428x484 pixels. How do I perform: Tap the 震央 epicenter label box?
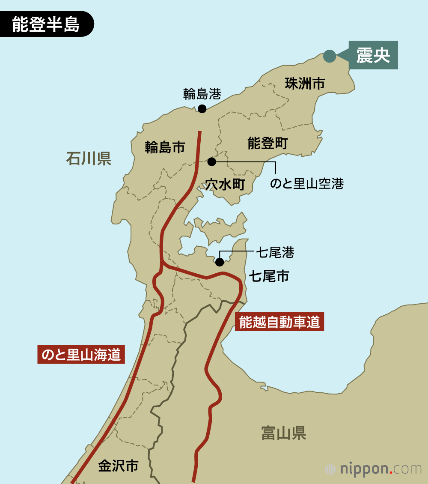click(x=373, y=55)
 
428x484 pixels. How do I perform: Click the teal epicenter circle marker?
click(x=329, y=56)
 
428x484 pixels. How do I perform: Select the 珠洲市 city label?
click(x=305, y=84)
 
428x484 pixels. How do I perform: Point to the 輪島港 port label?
click(x=202, y=93)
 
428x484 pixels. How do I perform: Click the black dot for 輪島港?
click(x=202, y=109)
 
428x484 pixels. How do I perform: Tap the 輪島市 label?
click(x=165, y=147)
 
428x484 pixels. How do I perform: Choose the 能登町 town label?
click(x=267, y=143)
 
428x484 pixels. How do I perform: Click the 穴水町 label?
click(x=225, y=185)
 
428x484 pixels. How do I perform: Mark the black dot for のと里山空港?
click(x=212, y=161)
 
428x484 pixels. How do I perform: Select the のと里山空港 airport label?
click(x=307, y=184)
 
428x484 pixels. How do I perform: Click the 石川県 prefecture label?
click(x=89, y=158)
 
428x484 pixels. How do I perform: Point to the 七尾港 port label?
click(x=275, y=252)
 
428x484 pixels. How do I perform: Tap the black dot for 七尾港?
click(x=220, y=262)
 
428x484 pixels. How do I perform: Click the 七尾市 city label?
click(x=269, y=276)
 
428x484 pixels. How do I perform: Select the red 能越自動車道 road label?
click(x=279, y=322)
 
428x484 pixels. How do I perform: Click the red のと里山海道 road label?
click(x=81, y=355)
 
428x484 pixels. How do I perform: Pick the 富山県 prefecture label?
click(x=283, y=433)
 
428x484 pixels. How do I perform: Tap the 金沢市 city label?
click(x=118, y=466)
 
